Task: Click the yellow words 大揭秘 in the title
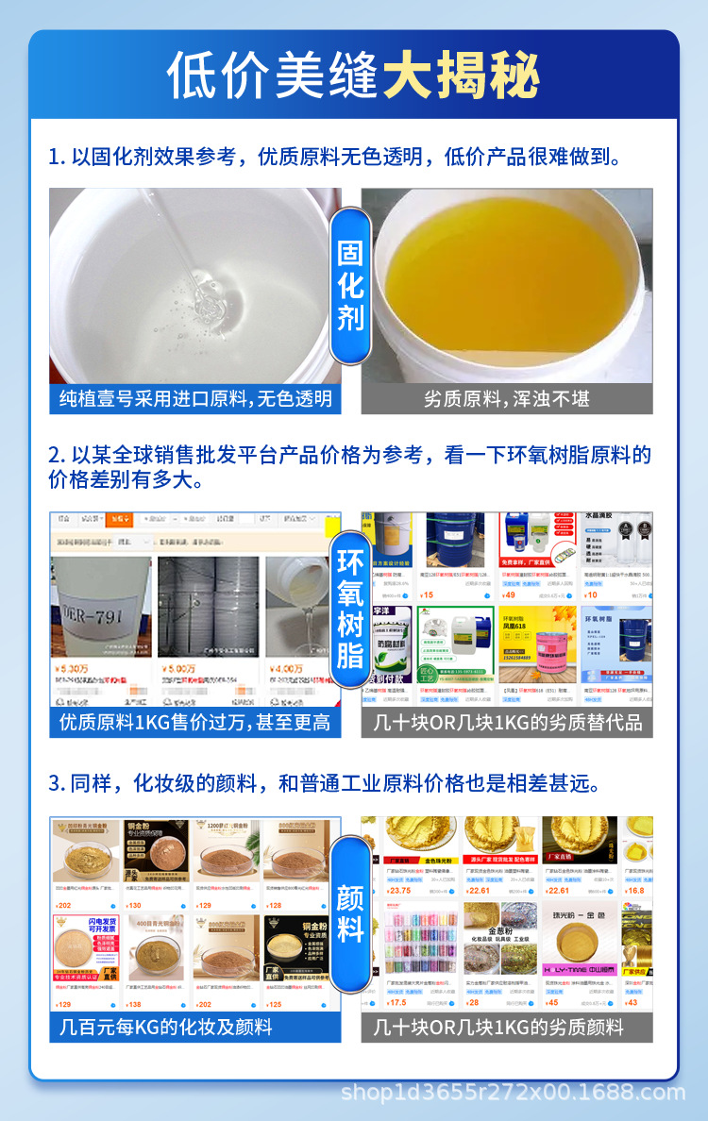tap(462, 76)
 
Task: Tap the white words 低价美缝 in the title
tap(274, 76)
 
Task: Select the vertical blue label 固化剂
tap(350, 285)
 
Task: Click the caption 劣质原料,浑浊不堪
tap(507, 399)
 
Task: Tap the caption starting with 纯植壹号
tap(195, 399)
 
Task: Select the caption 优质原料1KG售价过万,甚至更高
tap(195, 723)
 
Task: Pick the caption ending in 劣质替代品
tap(507, 723)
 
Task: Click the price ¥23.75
tap(398, 891)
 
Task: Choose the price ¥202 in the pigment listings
tap(64, 906)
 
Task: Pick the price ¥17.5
tap(396, 1003)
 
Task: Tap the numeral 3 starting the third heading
tap(55, 783)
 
